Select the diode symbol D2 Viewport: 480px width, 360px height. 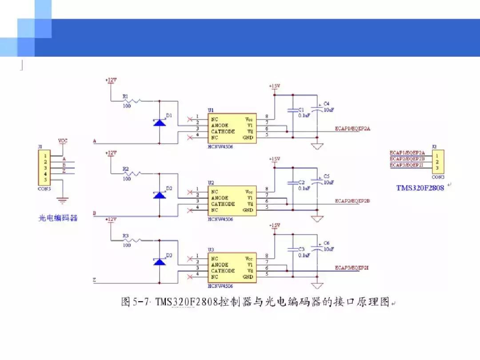coord(160,195)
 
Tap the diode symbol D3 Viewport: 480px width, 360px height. coord(160,261)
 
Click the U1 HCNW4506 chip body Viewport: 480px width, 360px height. coord(232,128)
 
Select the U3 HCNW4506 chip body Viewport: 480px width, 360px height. coord(232,268)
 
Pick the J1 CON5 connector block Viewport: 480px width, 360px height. coord(45,168)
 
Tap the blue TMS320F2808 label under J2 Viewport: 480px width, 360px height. coord(420,188)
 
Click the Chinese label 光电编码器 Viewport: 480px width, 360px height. coord(58,218)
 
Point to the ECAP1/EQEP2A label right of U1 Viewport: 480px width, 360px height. coord(353,129)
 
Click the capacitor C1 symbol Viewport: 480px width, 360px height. coord(292,110)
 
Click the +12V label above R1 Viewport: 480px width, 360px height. coord(111,80)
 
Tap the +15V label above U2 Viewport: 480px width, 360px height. coord(274,159)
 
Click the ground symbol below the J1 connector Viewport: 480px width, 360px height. coord(63,201)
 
